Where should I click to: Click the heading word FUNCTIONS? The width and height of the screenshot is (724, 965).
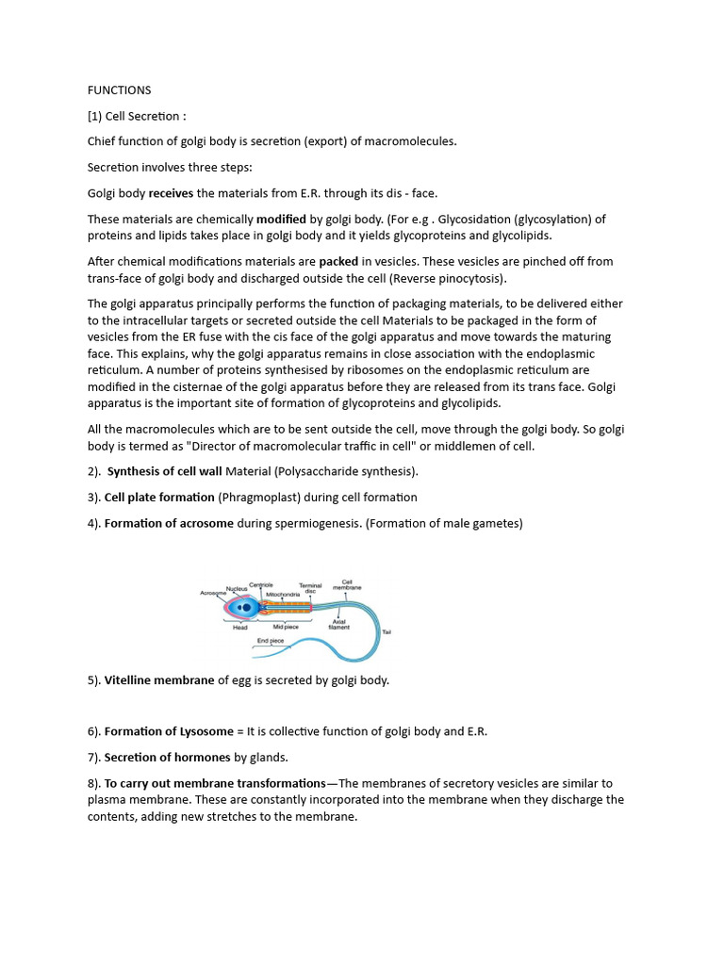(119, 90)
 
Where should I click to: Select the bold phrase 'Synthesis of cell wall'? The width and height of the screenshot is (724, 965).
(165, 471)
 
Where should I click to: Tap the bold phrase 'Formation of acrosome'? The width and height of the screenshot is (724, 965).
(169, 523)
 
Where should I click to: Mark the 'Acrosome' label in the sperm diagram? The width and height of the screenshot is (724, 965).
(213, 593)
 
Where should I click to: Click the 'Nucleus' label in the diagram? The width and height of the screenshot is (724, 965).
(237, 586)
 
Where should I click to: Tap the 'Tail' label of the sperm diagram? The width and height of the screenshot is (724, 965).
(387, 632)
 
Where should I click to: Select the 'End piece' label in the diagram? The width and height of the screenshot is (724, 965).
(271, 641)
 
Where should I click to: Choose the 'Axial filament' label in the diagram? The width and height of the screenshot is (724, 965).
(338, 624)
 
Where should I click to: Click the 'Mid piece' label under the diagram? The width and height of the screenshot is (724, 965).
(286, 626)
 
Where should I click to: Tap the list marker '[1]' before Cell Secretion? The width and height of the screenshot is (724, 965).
(95, 116)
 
